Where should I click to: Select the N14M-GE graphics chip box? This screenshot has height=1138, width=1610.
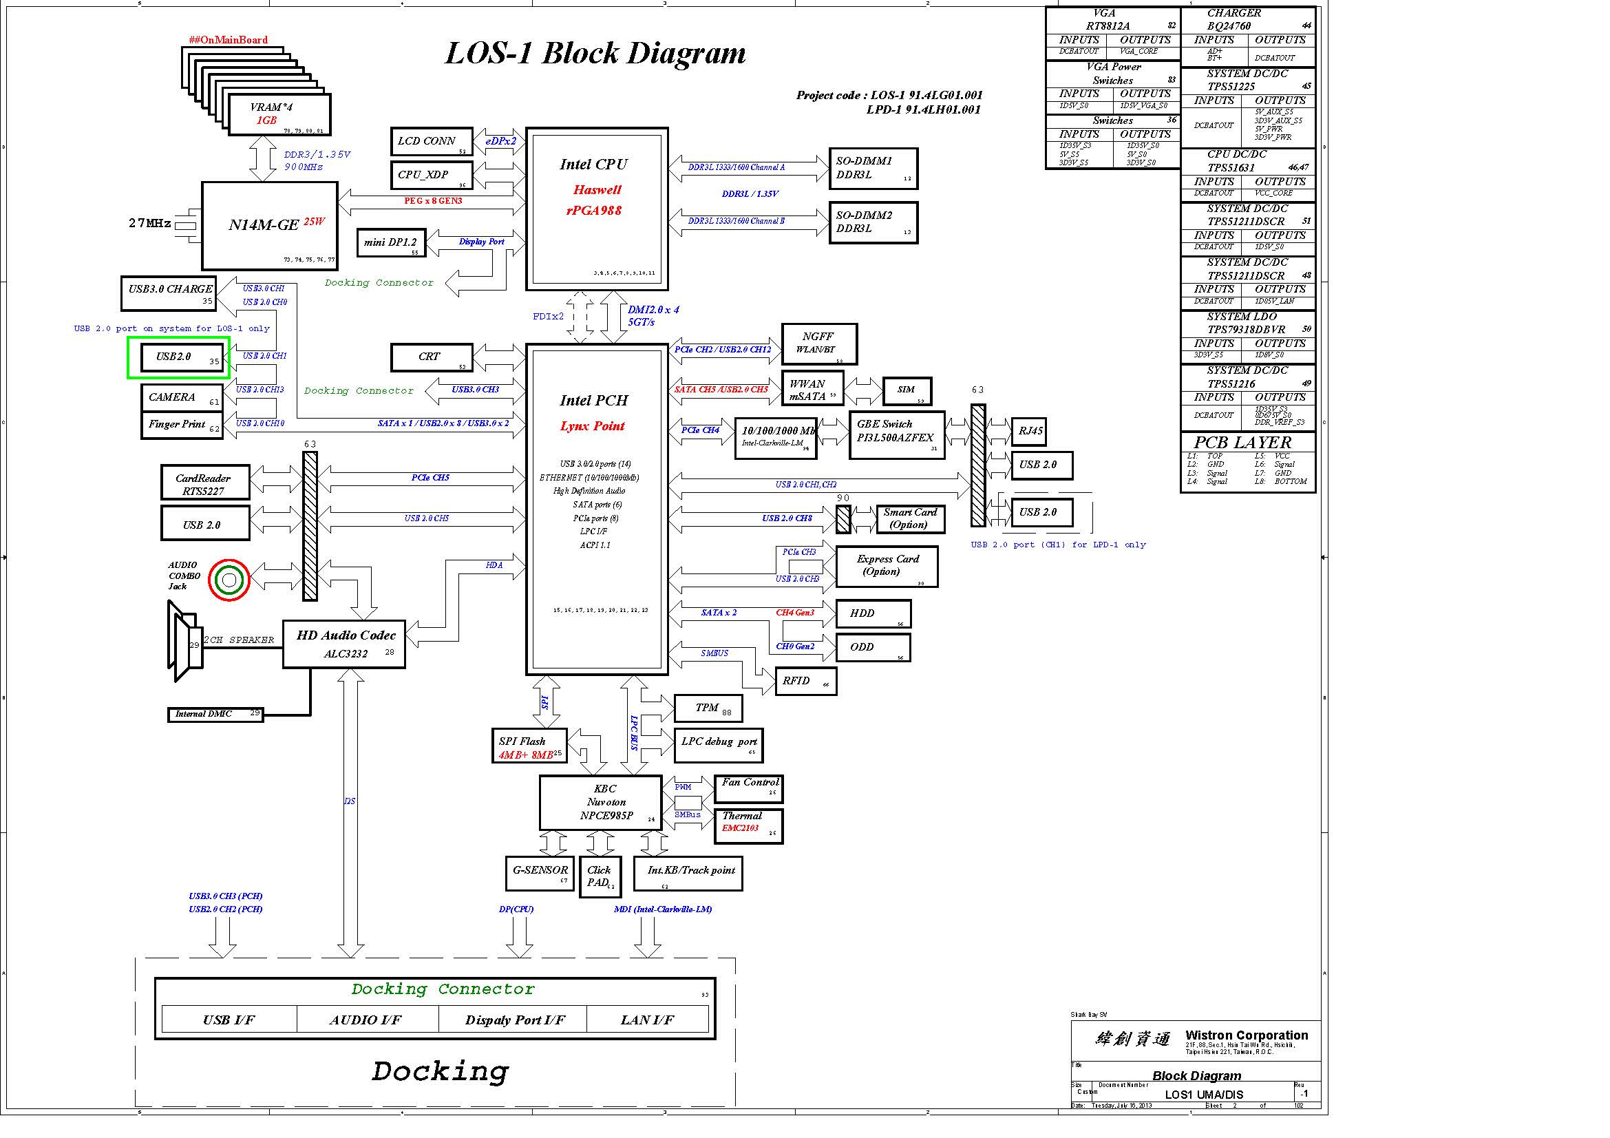pos(269,226)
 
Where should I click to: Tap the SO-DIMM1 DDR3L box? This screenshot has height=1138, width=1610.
pos(872,168)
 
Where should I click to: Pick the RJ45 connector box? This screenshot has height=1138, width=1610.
pos(1028,431)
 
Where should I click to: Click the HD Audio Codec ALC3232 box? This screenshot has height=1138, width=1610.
pos(343,644)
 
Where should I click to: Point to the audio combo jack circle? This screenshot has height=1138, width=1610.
pos(229,579)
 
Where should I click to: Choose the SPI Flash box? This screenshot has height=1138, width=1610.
pos(529,747)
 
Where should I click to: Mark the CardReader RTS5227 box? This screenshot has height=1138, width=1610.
pos(204,483)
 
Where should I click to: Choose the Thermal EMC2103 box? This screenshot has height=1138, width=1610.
pos(748,826)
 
